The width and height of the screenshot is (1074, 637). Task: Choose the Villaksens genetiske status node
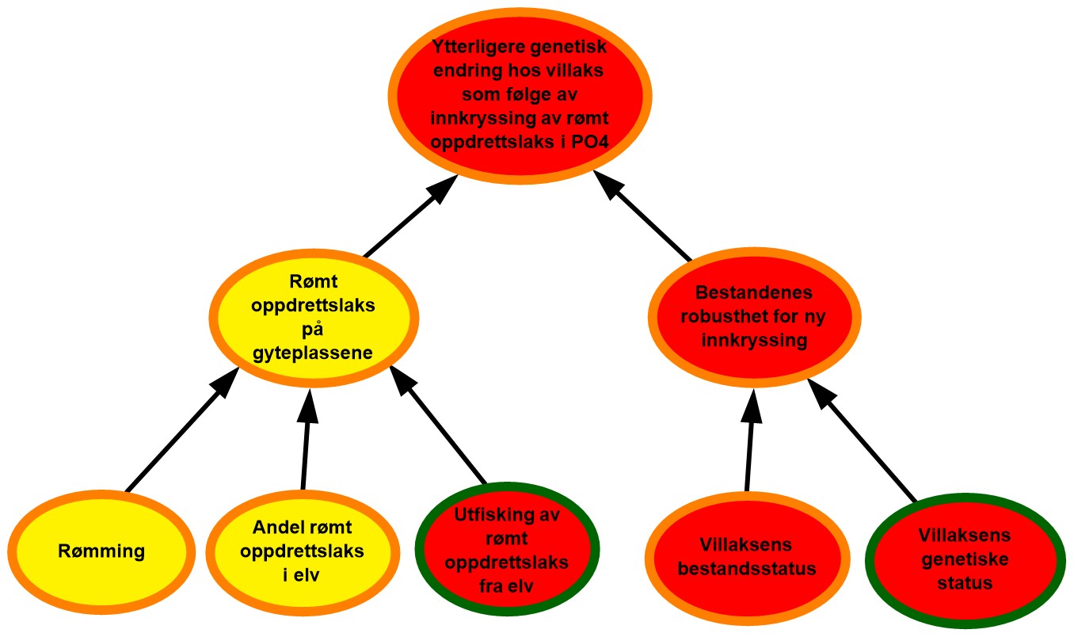pyautogui.click(x=963, y=559)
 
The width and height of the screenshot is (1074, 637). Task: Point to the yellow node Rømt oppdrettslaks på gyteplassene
pyautogui.click(x=315, y=318)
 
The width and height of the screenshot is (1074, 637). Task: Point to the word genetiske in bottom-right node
pyautogui.click(x=963, y=559)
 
